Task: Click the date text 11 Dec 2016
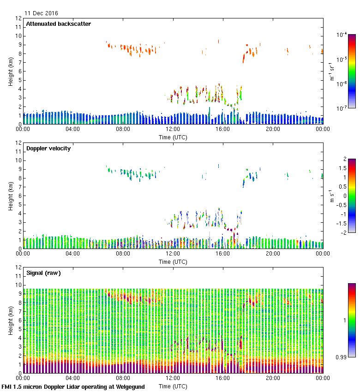click(42, 13)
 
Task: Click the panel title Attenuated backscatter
click(58, 24)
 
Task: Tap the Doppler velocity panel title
click(48, 148)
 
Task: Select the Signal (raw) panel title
click(43, 273)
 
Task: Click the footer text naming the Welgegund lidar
click(73, 387)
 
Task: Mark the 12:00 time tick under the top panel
click(173, 130)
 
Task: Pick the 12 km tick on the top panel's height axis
click(19, 18)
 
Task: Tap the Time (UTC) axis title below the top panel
click(173, 137)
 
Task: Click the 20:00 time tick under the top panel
click(273, 130)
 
